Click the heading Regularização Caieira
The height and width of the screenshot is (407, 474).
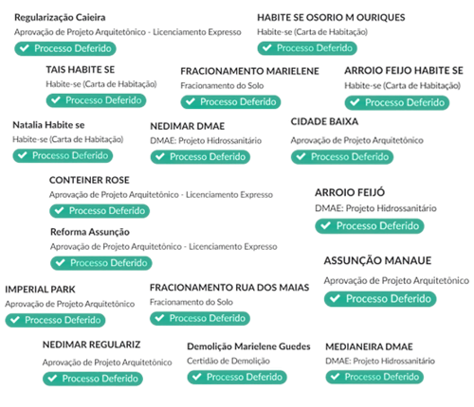coord(60,18)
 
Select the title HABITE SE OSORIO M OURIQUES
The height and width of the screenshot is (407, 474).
coord(331,17)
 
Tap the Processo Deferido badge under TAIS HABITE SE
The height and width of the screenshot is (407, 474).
coord(96,100)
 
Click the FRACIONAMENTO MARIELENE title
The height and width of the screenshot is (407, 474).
coord(249,71)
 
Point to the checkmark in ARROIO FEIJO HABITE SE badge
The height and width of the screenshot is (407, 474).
coord(355,102)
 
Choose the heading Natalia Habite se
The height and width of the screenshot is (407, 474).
coord(48,125)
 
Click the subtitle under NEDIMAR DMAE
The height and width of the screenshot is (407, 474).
coord(206,141)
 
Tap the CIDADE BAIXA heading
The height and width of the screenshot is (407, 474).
coord(324,121)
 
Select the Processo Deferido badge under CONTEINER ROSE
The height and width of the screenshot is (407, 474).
coord(100,211)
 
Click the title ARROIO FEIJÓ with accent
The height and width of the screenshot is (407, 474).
coord(350,192)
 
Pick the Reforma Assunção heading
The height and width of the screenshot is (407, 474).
coord(90,232)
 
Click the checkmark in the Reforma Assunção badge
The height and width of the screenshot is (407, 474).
coord(60,262)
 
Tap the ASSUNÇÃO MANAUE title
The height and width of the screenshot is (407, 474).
coord(377,260)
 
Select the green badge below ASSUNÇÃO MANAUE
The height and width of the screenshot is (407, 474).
coord(380,299)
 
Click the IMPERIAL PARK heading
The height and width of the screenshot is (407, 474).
coord(40,290)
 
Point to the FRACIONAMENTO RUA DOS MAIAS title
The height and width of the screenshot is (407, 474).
coord(229,288)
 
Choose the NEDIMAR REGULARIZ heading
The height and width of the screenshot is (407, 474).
coord(91,345)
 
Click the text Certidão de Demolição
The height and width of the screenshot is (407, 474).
coord(228,361)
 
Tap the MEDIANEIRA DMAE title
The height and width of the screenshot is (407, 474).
coord(369,346)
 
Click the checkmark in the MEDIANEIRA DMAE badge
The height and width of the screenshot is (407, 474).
coord(335,377)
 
